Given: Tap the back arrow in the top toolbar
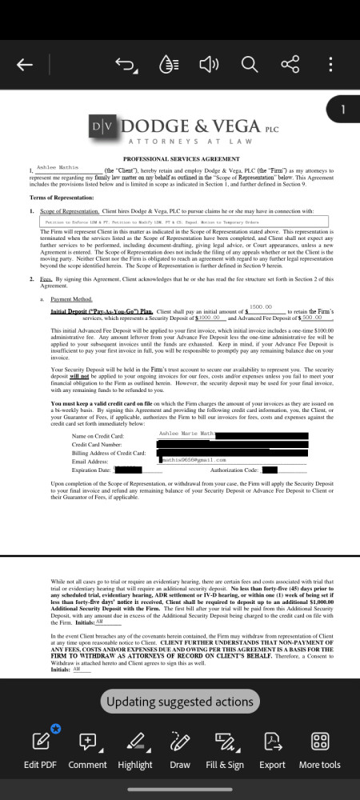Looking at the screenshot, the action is tap(25, 64).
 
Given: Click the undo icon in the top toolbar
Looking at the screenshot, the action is tap(125, 64).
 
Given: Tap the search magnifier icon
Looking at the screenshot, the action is tap(248, 64).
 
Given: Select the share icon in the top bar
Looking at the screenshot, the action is tap(289, 64).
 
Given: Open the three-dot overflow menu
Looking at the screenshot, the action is tap(330, 64).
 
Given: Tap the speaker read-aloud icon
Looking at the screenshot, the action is tap(207, 64).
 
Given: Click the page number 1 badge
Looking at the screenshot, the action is tap(342, 109).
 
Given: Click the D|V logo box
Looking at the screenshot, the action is tap(102, 126).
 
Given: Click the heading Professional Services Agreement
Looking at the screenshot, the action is tap(179, 159).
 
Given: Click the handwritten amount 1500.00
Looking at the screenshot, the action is tap(262, 306).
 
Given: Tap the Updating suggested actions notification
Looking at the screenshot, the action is tap(180, 702).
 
